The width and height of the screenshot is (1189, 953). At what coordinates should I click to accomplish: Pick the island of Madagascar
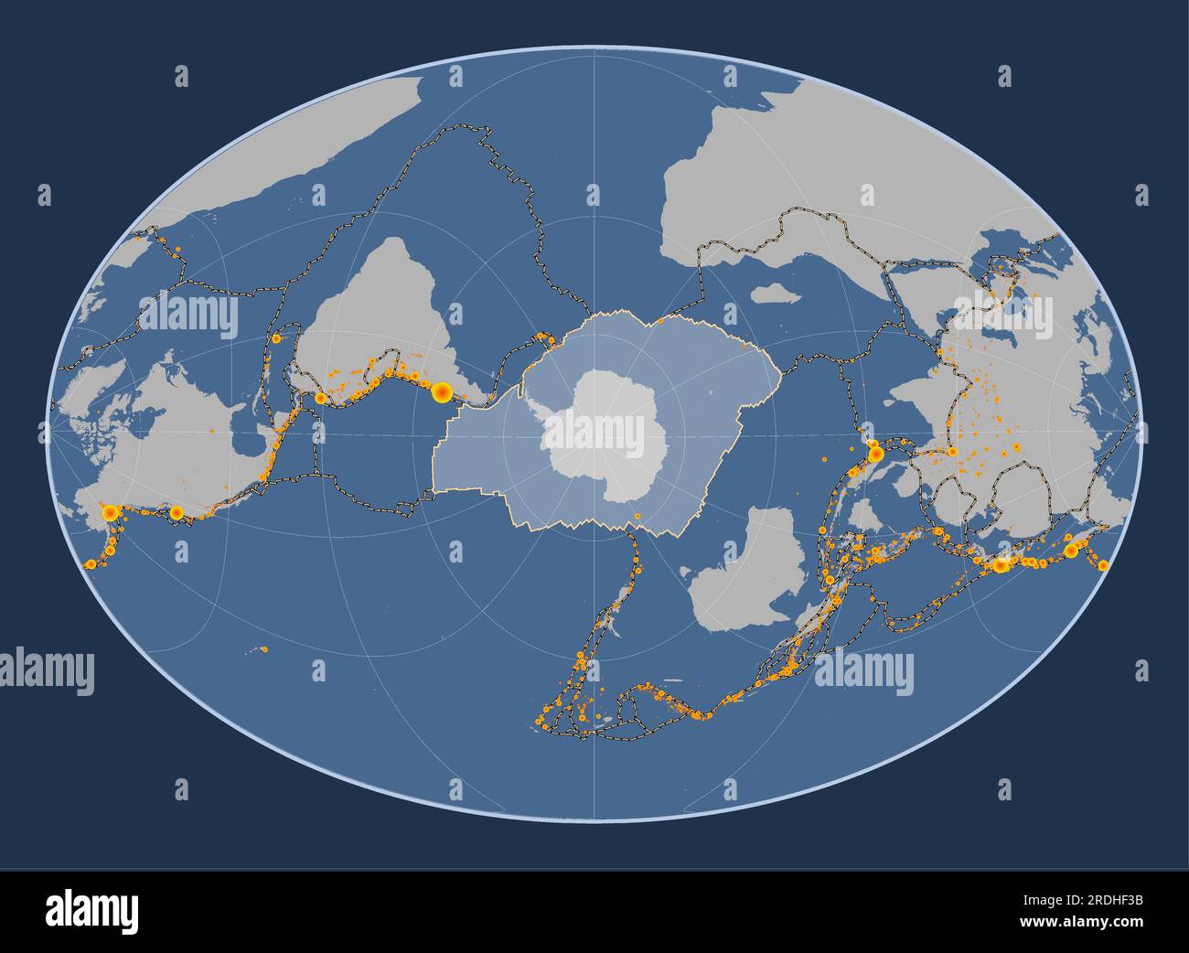pos(773,294)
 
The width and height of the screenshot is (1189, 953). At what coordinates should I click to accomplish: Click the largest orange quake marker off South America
pos(441,392)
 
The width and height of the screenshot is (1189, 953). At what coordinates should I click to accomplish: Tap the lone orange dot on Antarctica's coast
pos(637,517)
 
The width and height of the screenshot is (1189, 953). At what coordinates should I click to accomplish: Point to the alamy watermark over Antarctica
pos(594,430)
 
